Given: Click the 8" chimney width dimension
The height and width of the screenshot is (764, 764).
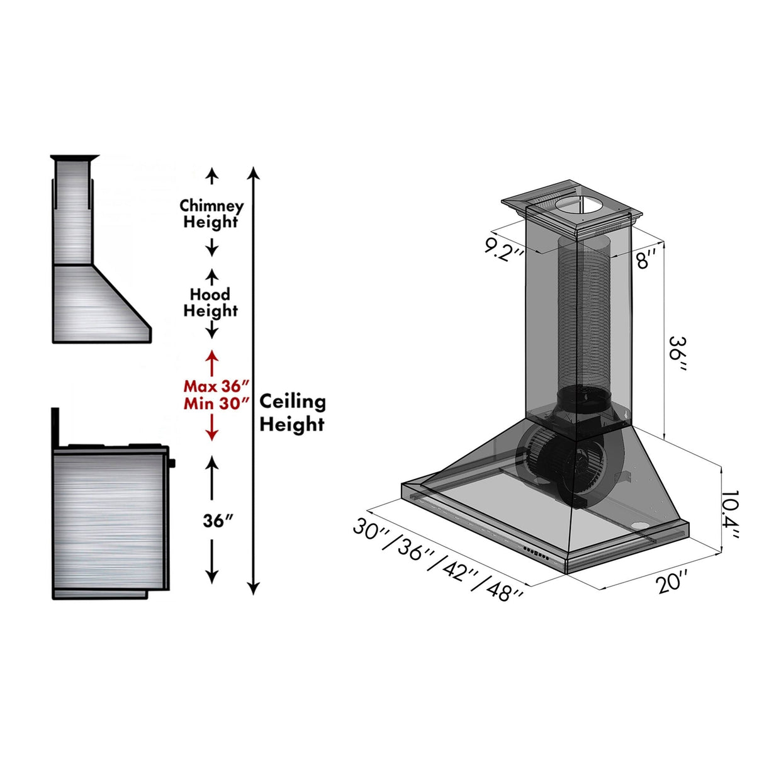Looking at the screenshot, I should pyautogui.click(x=645, y=258).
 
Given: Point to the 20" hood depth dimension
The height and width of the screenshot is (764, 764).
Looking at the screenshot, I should pyautogui.click(x=671, y=581).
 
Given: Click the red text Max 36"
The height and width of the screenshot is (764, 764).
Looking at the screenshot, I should pyautogui.click(x=216, y=386).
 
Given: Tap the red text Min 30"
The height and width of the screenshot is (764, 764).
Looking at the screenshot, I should pyautogui.click(x=216, y=403).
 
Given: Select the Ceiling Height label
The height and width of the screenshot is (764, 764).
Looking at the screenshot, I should pyautogui.click(x=292, y=413).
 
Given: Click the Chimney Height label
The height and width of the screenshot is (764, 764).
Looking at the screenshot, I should pyautogui.click(x=211, y=214).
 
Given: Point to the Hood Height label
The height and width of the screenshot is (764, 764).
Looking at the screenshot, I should pyautogui.click(x=210, y=302).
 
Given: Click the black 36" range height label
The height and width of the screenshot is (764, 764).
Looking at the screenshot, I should pyautogui.click(x=218, y=521).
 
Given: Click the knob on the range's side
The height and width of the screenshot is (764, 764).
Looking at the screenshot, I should pyautogui.click(x=172, y=464).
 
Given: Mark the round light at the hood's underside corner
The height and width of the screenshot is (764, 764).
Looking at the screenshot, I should pyautogui.click(x=640, y=526).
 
